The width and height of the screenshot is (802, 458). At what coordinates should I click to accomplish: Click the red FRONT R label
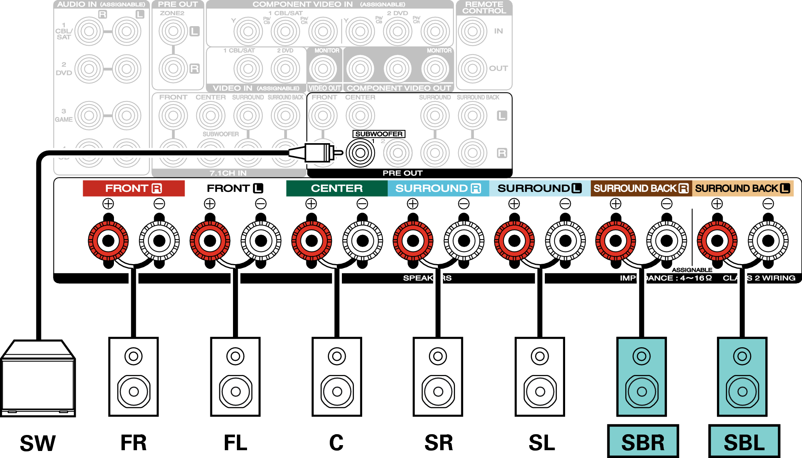(x=133, y=188)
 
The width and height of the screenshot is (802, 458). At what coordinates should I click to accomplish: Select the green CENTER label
(x=336, y=188)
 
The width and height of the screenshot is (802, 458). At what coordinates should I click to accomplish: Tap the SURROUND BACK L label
(x=742, y=188)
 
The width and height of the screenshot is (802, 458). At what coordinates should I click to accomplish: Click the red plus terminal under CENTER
(x=311, y=241)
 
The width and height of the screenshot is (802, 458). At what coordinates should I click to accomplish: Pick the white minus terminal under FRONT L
(x=261, y=241)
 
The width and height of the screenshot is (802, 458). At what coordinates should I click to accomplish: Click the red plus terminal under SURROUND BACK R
(x=615, y=241)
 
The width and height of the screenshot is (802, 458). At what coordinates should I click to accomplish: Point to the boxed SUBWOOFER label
(x=379, y=134)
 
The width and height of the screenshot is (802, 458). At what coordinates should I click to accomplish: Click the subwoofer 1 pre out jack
(x=360, y=153)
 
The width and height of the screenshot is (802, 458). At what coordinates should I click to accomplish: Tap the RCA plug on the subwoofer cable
(x=318, y=153)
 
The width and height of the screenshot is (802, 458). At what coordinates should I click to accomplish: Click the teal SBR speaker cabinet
(x=641, y=377)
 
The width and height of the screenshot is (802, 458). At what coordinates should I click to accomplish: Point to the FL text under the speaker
(x=235, y=443)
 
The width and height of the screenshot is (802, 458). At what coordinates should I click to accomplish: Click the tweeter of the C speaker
(x=337, y=356)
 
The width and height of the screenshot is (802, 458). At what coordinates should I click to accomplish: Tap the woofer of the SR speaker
(x=438, y=391)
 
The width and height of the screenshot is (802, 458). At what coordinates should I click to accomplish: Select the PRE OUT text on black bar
(x=402, y=173)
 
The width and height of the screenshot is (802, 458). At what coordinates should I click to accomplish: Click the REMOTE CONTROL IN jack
(x=473, y=31)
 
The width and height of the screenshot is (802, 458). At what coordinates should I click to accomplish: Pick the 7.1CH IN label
(x=228, y=173)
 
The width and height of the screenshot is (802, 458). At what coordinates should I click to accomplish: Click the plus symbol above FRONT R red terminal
(x=108, y=204)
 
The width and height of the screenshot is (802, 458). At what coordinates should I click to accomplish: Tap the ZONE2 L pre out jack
(x=173, y=31)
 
